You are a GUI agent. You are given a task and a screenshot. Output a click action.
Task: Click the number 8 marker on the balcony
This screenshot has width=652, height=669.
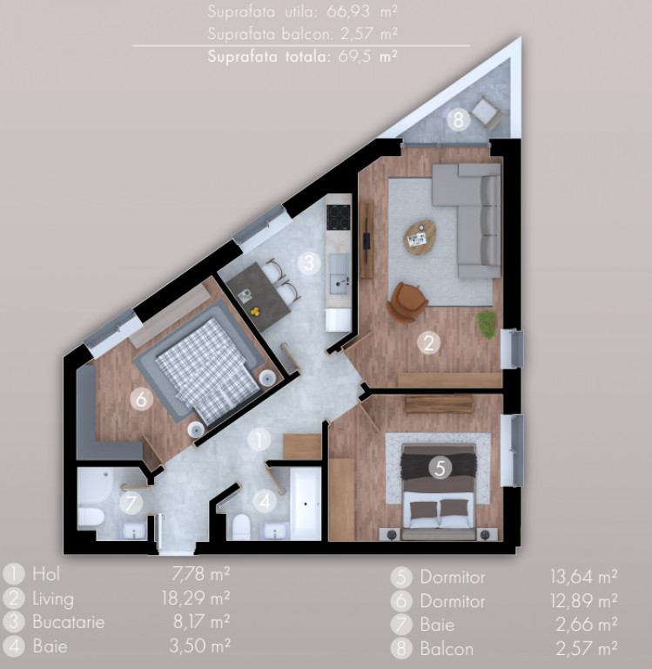[x=459, y=119]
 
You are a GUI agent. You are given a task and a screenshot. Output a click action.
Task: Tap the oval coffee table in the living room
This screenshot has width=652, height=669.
[x=420, y=237]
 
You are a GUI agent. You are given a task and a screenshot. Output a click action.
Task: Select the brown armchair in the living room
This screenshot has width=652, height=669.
[x=407, y=302]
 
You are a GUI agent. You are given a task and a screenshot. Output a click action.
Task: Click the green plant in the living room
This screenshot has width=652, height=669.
[x=487, y=324]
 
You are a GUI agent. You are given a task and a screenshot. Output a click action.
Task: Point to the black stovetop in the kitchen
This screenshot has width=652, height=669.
[x=339, y=217]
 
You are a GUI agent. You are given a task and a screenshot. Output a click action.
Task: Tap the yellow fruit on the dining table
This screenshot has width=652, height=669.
[x=255, y=312]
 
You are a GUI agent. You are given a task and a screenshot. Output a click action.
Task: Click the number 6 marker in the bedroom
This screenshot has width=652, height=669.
[x=141, y=400]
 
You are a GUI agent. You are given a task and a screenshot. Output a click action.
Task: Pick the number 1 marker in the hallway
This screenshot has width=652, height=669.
[x=259, y=439]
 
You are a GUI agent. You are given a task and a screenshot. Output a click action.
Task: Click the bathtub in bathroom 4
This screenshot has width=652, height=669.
[x=306, y=503]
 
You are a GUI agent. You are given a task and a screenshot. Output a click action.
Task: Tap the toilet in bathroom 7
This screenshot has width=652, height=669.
[x=91, y=517]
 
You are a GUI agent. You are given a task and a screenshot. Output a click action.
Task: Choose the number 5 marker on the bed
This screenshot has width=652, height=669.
[x=440, y=468]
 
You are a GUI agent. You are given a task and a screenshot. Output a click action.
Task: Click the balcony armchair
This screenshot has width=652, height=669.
[x=485, y=112]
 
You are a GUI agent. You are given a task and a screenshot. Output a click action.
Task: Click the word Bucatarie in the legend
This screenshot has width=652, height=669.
[x=69, y=622]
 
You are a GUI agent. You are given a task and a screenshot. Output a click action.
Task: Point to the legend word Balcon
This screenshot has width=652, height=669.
[x=447, y=649]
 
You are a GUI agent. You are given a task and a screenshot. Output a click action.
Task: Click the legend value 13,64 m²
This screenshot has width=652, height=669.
[x=584, y=577]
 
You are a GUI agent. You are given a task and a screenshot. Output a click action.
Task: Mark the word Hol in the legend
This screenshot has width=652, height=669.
[x=46, y=574]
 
